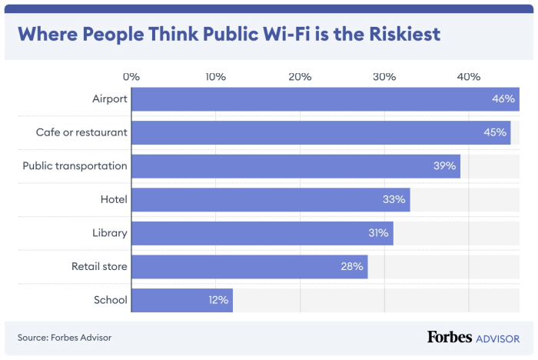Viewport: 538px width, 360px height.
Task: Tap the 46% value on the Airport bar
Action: tap(503, 99)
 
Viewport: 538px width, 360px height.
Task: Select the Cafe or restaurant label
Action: tap(81, 132)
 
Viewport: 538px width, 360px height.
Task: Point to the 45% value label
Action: tap(494, 132)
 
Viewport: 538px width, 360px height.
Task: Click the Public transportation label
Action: tap(75, 165)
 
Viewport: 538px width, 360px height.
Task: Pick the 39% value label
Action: tap(444, 165)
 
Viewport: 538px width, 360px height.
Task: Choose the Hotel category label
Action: tap(114, 199)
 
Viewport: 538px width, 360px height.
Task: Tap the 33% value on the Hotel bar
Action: tap(394, 199)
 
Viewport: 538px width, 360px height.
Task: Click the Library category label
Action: tap(110, 233)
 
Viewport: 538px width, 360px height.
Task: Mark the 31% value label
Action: tap(377, 233)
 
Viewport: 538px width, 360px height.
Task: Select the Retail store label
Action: tap(99, 266)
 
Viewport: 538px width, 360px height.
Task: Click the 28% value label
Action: tap(351, 266)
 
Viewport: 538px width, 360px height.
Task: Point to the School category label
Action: tap(111, 300)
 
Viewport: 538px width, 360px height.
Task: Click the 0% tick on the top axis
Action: tap(131, 77)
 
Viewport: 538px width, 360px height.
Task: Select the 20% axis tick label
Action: tap(300, 77)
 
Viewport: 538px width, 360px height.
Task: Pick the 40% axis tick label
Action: tap(469, 77)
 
